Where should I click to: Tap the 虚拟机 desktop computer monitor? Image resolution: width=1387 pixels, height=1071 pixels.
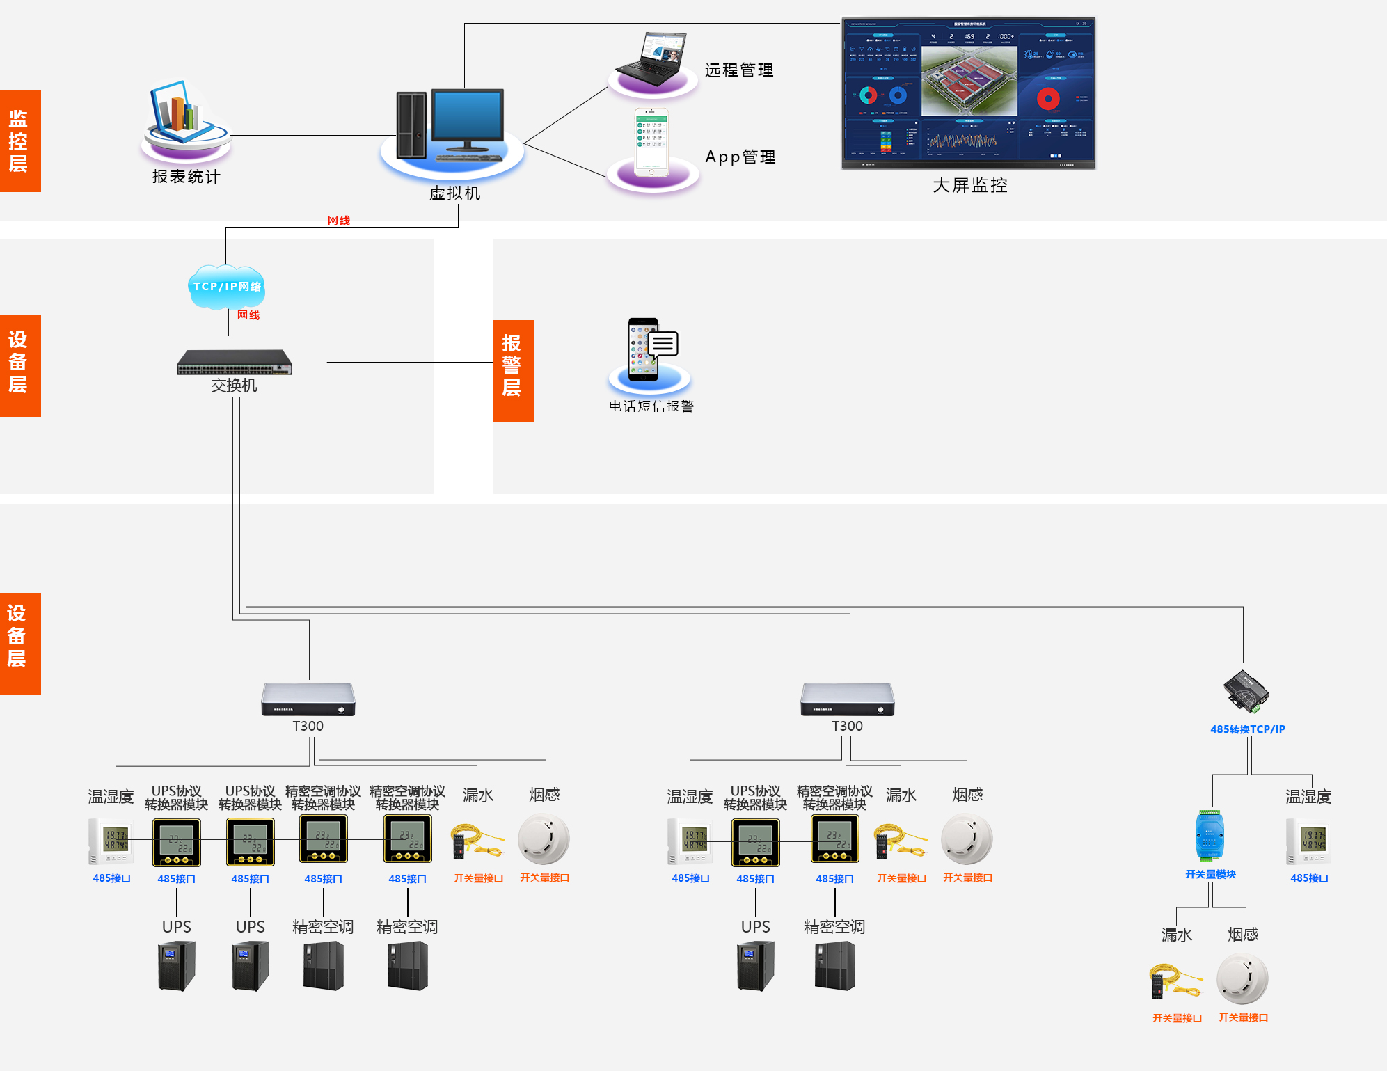click(x=468, y=117)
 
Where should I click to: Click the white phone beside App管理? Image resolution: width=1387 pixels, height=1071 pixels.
click(x=651, y=143)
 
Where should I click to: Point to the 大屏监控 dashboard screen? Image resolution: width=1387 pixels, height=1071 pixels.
click(x=968, y=93)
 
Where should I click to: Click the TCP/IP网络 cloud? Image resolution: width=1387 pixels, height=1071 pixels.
click(x=227, y=286)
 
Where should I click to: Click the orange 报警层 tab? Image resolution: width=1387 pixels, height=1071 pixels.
click(x=513, y=370)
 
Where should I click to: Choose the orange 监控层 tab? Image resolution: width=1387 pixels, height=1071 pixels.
click(x=19, y=141)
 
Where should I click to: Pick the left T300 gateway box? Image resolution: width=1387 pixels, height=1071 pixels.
click(x=308, y=699)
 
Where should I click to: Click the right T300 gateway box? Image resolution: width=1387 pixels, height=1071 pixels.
click(x=847, y=699)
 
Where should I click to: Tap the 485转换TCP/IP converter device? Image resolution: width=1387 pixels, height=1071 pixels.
click(x=1246, y=692)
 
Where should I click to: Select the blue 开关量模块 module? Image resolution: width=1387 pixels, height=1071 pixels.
click(x=1210, y=836)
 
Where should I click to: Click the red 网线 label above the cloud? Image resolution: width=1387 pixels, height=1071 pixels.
click(x=339, y=220)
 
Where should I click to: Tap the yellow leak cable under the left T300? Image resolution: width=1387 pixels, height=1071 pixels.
click(x=477, y=841)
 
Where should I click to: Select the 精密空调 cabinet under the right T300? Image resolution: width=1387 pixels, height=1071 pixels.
click(x=834, y=965)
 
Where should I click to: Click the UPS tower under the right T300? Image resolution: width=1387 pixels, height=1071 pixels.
click(x=755, y=965)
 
